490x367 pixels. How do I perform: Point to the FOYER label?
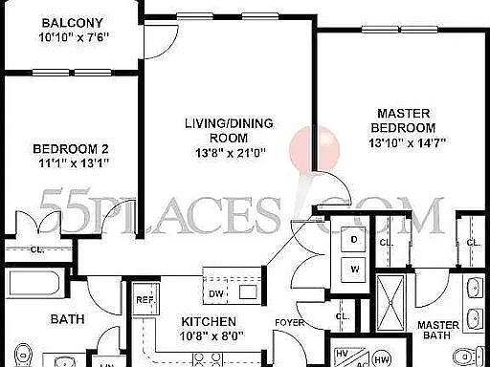coord(289,323)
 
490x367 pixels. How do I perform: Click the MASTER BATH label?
coord(438,331)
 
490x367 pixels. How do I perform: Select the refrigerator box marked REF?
coord(145,299)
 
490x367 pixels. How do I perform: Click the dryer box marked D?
coord(353,239)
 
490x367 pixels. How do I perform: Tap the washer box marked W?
coord(353,269)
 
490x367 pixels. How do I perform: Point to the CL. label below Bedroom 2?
coord(36,250)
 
